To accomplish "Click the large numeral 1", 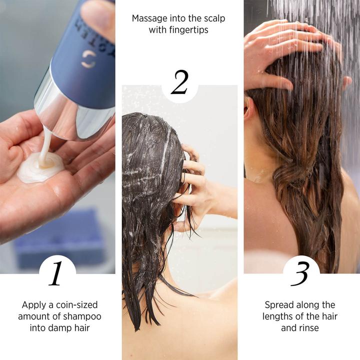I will [x=56, y=273].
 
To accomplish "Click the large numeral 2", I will [x=179, y=83].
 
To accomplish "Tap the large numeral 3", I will [x=300, y=273].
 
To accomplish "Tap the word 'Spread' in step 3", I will [x=279, y=304].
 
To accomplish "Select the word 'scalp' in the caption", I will [x=214, y=18].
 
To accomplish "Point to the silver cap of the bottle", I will [x=75, y=112].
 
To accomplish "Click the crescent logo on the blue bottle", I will [x=88, y=59].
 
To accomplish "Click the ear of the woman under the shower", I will [x=249, y=107].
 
